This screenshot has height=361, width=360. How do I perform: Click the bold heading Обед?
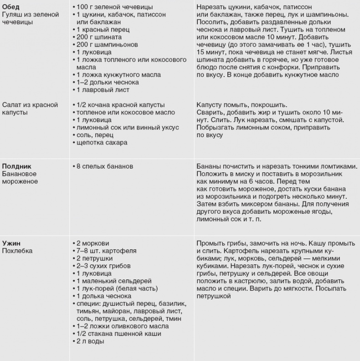coord(10,7)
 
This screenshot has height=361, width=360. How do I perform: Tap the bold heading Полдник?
coord(17,166)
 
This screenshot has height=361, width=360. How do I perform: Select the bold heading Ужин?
coord(11,243)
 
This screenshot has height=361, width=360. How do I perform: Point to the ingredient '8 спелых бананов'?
coord(104,166)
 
